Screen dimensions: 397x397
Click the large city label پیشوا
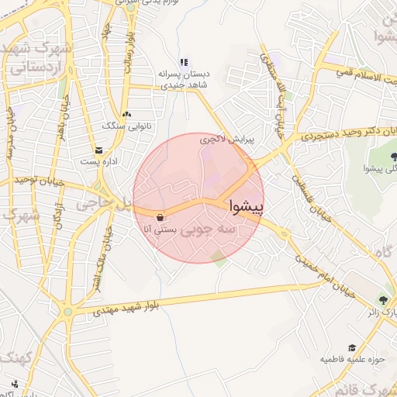(x=247, y=207)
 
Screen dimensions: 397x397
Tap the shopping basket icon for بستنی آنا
(x=160, y=217)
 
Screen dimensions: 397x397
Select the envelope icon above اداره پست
(x=98, y=150)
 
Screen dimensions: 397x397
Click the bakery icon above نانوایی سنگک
(x=126, y=113)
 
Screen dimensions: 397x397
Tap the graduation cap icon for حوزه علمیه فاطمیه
(x=352, y=348)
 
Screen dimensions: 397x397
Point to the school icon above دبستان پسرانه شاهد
(x=184, y=62)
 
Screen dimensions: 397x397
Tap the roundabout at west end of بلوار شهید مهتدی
(x=68, y=312)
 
